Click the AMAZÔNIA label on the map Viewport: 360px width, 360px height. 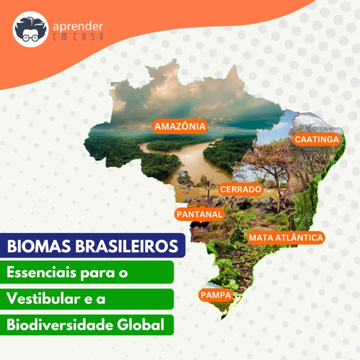[x=180, y=126]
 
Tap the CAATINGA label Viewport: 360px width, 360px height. [x=317, y=139]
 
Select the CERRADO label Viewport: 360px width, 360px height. [x=240, y=189]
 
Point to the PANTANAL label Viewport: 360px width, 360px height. [x=200, y=214]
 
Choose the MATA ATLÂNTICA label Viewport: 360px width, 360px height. [x=286, y=237]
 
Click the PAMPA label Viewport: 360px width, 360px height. [x=216, y=295]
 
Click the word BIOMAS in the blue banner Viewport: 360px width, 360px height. [x=39, y=246]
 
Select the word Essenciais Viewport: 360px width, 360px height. [x=41, y=272]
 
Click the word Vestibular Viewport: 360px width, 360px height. [x=43, y=298]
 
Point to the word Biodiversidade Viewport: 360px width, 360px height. [x=59, y=324]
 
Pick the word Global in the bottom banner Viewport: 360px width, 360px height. [x=141, y=324]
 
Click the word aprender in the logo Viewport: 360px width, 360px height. [x=78, y=27]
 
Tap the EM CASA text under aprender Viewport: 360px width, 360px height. [x=78, y=37]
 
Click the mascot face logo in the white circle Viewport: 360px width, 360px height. [x=31, y=30]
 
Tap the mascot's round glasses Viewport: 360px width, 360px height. [x=30, y=37]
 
